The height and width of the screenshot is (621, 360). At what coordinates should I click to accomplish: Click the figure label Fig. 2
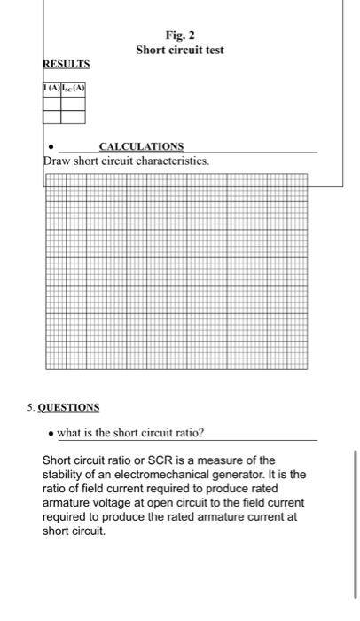tap(180, 36)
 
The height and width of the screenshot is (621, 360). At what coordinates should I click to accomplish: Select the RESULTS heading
tap(67, 65)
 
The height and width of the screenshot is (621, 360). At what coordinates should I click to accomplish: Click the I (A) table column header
tap(51, 88)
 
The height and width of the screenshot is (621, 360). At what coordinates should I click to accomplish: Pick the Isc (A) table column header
tap(73, 88)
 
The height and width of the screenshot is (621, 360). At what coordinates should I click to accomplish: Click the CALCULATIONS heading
tap(141, 145)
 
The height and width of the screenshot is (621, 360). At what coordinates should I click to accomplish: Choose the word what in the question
tap(70, 432)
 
